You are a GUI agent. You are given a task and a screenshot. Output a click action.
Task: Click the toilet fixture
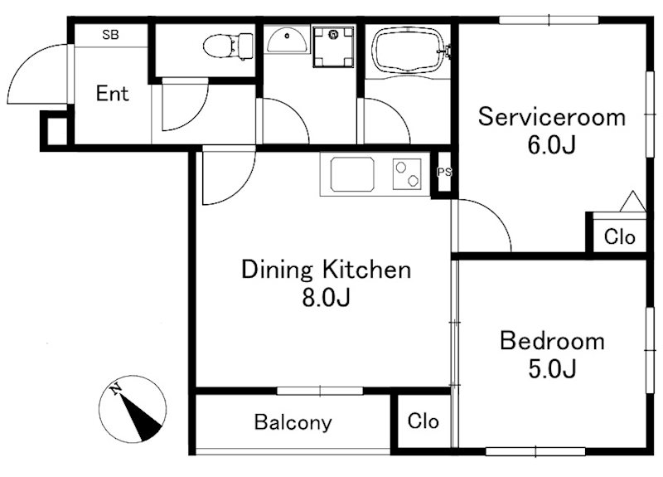pyautogui.click(x=229, y=46)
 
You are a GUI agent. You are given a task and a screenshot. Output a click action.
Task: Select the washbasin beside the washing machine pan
pyautogui.click(x=287, y=39)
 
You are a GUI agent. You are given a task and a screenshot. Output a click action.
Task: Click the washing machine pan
pyautogui.click(x=333, y=46)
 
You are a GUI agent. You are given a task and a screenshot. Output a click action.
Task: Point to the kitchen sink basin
pyautogui.click(x=352, y=174)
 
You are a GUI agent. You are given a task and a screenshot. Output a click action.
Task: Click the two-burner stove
pyautogui.click(x=407, y=174)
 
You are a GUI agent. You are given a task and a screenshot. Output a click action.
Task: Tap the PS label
pyautogui.click(x=444, y=173)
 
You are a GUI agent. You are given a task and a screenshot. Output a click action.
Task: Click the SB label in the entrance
pyautogui.click(x=110, y=35)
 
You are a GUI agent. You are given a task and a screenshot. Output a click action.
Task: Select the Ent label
pyautogui.click(x=112, y=94)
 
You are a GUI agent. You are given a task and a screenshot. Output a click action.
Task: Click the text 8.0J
pyautogui.click(x=326, y=298)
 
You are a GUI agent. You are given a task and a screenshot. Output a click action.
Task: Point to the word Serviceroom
pyautogui.click(x=552, y=116)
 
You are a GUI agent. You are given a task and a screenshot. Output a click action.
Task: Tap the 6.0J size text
pyautogui.click(x=552, y=145)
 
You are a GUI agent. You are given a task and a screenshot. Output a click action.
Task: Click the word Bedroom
pyautogui.click(x=552, y=341)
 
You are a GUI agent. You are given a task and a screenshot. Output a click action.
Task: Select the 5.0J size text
pyautogui.click(x=552, y=368)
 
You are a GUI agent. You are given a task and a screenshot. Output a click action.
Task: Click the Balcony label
pyautogui.click(x=293, y=422)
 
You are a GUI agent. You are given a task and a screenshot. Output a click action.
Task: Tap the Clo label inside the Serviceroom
pyautogui.click(x=619, y=236)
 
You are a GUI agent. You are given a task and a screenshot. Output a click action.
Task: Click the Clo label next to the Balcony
pyautogui.click(x=423, y=421)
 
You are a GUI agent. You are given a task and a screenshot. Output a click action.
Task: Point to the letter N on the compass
pyautogui.click(x=115, y=388)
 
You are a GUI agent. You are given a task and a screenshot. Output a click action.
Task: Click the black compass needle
pyautogui.click(x=141, y=417)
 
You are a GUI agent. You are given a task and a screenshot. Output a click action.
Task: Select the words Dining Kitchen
pyautogui.click(x=326, y=270)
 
